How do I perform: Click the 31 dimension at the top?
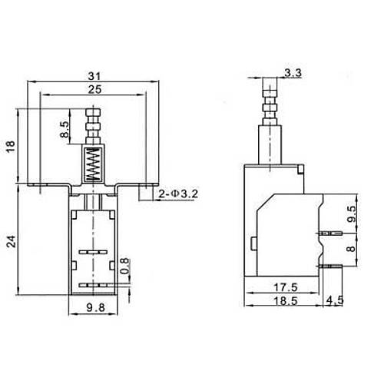92,76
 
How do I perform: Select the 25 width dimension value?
92,89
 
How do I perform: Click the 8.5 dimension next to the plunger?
65,127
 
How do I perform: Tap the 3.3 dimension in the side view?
292,74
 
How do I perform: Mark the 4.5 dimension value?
335,300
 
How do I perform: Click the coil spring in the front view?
92,164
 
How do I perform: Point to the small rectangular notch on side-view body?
254,243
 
